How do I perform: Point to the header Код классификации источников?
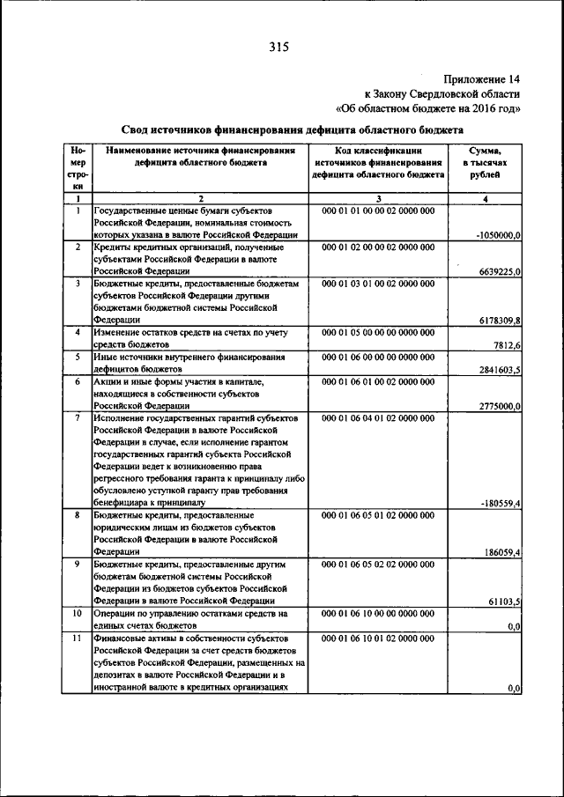tap(378, 163)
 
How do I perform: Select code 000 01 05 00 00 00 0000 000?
tap(378, 332)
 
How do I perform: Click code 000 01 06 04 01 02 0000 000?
tap(378, 417)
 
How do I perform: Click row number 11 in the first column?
tap(78, 637)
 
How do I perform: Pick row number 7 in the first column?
tap(78, 417)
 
